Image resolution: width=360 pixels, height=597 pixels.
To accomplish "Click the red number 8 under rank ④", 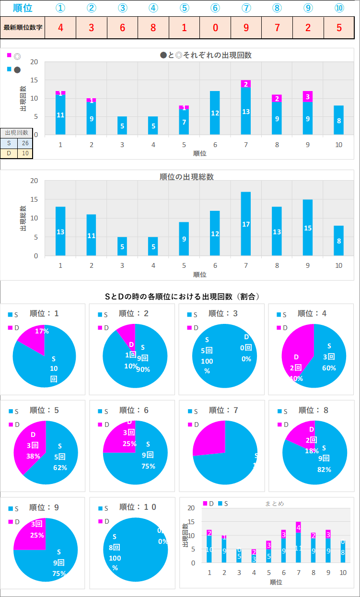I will click(x=153, y=27).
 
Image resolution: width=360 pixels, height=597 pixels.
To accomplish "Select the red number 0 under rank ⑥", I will click(x=215, y=27).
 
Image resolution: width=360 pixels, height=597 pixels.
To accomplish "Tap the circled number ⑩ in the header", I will click(x=339, y=8).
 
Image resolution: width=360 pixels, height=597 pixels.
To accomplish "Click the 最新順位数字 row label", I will click(x=23, y=27).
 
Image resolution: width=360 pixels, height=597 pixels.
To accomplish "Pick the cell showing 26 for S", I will click(x=24, y=143).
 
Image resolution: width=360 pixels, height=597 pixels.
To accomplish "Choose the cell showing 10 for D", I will click(x=24, y=153).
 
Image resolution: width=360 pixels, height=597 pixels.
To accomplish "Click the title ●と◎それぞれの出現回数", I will click(x=206, y=55).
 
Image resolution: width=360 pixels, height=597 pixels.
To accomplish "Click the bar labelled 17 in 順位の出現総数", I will click(x=245, y=224).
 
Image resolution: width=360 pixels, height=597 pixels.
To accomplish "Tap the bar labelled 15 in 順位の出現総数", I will click(x=307, y=228).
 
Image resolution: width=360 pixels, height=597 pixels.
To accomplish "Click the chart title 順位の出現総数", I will click(x=186, y=177).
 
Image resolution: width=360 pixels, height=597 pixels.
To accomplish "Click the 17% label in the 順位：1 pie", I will click(x=42, y=331).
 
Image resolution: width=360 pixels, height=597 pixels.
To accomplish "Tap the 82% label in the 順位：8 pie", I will click(x=324, y=470).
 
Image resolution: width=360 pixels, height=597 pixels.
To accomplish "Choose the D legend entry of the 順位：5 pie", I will click(x=14, y=424).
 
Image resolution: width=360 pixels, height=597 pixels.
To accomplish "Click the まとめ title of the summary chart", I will click(x=274, y=504).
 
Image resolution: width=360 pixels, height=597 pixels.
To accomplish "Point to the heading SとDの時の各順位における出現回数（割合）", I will click(x=182, y=297).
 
